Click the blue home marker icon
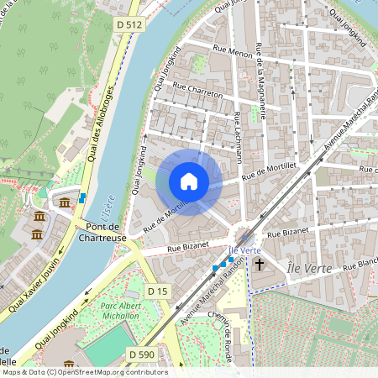click(x=189, y=181)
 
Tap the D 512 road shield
click(x=130, y=26)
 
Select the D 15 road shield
click(x=158, y=291)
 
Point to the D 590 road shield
click(x=144, y=354)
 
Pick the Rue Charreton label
click(x=198, y=89)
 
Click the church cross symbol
click(x=260, y=265)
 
